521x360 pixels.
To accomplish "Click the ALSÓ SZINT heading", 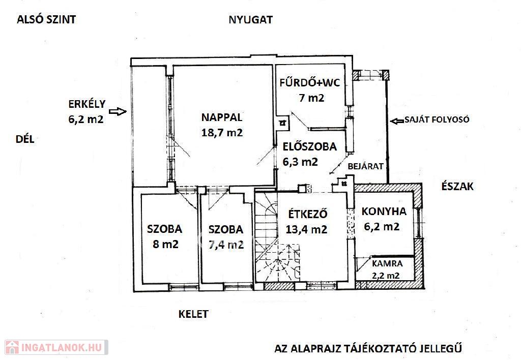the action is pos(46,19).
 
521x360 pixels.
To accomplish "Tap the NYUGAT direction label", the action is pos(250,20).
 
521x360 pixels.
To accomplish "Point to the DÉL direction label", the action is pos(25,139).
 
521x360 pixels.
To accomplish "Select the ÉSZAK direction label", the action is pos(457,186).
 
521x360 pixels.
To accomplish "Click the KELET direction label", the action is pos(193,314).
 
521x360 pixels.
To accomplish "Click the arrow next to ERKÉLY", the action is pos(118,111).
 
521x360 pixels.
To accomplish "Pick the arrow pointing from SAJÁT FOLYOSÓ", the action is pos(397,121).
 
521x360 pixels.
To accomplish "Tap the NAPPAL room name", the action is pos(222,117).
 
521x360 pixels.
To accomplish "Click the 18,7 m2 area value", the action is pos(222,133).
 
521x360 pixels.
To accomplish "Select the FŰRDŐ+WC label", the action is pos(310,82).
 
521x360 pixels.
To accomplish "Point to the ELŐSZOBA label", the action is pos(309,146).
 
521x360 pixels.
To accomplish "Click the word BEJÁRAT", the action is pos(365,166).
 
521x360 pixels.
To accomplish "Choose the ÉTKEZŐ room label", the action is pos(307,214).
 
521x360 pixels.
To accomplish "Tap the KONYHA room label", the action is pos(384,211).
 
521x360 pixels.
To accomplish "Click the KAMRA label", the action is pos(387,264).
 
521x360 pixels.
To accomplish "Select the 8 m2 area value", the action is pos(165,245).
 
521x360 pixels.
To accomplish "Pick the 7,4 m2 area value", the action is pos(226,245).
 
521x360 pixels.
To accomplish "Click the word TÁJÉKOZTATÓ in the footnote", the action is pos(375,349).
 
